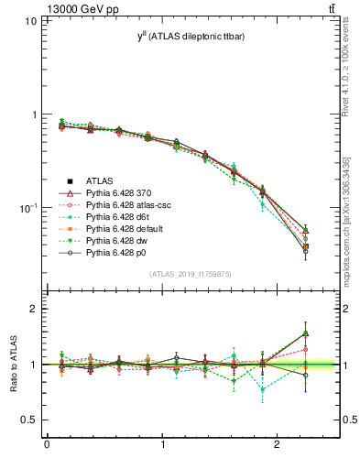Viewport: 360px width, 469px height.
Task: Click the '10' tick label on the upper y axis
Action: [x=30, y=20]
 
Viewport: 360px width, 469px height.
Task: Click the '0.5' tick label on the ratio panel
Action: [x=27, y=420]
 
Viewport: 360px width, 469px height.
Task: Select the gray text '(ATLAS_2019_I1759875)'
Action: [x=191, y=274]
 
